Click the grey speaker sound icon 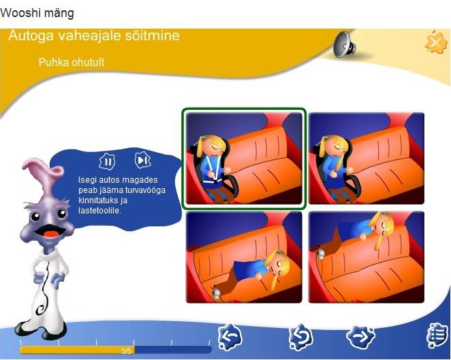[x=344, y=44]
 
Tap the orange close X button [x=436, y=42]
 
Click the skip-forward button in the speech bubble [x=142, y=160]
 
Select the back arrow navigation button [x=230, y=337]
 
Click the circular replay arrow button [x=300, y=337]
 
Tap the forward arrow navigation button [x=360, y=336]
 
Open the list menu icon [x=437, y=336]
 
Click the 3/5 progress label [x=126, y=350]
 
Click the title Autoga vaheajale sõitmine [x=94, y=35]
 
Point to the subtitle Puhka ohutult [x=72, y=62]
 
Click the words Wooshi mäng [x=37, y=13]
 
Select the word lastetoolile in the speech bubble [x=100, y=211]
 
